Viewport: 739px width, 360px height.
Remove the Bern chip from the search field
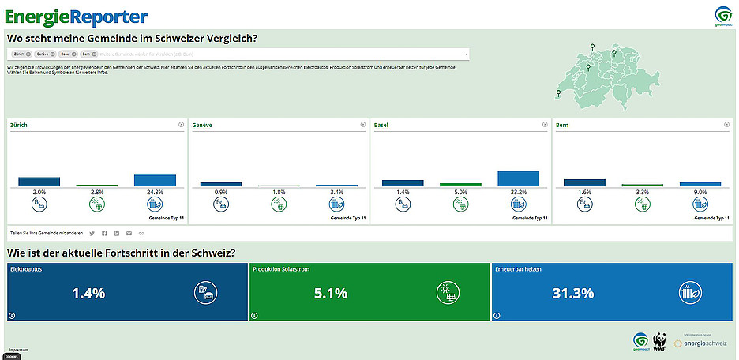pos(93,54)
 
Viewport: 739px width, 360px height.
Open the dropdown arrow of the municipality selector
pos(467,54)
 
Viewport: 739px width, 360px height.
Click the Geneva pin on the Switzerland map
pos(558,92)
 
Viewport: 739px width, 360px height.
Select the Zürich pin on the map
pos(613,53)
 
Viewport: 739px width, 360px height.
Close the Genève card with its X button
pos(363,125)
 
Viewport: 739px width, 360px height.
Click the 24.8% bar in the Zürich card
pos(155,180)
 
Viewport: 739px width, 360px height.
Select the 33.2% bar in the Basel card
pos(518,178)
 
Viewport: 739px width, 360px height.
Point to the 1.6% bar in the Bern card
pos(584,182)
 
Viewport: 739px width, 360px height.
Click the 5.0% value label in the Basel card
pos(460,192)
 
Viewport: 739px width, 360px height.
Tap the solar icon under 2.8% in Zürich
pos(97,204)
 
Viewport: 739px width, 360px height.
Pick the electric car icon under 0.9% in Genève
pos(221,204)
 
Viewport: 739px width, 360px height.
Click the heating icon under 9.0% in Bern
pos(700,204)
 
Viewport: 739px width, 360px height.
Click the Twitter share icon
pos(92,234)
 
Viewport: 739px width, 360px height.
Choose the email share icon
pos(129,234)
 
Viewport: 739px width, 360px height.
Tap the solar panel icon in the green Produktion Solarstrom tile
pos(447,293)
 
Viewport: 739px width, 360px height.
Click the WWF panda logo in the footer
pos(658,340)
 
